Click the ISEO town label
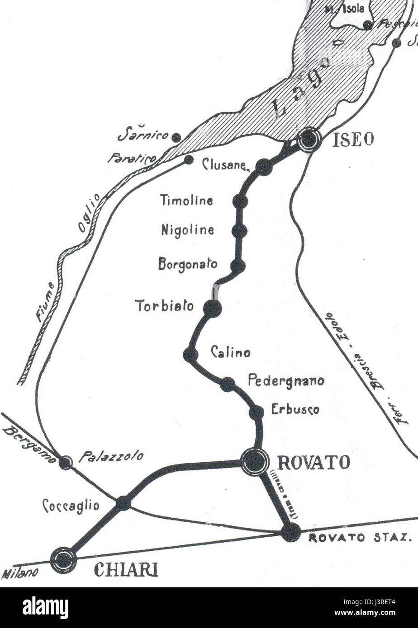point(353,140)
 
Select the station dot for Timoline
point(241,201)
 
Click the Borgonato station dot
point(238,266)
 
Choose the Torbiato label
point(165,306)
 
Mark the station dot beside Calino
point(190,355)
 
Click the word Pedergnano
point(286,380)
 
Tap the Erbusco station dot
point(256,412)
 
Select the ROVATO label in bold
point(313,462)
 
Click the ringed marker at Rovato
point(255,461)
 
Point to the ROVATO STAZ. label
point(360,538)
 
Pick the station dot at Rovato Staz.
point(290,532)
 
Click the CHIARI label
point(126,570)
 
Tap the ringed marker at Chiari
point(64,560)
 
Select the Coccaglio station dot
point(123,503)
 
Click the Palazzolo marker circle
point(66,462)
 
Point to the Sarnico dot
point(177,137)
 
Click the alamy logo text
point(45,608)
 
